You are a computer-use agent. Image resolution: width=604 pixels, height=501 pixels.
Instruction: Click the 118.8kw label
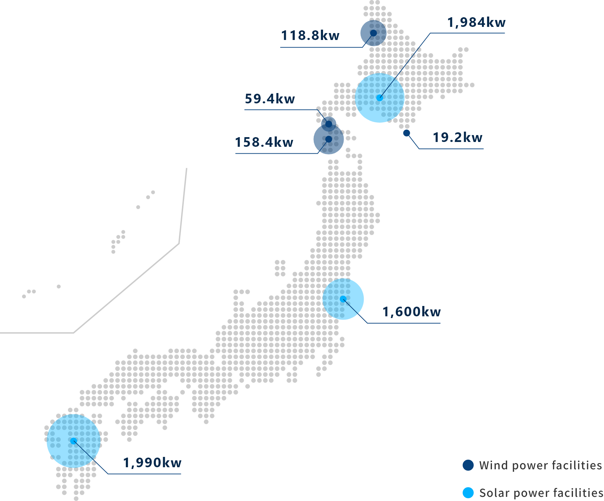pos(310,35)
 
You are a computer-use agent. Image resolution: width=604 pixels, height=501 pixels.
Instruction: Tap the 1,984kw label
pos(476,22)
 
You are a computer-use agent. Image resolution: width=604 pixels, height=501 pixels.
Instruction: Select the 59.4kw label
pos(270,99)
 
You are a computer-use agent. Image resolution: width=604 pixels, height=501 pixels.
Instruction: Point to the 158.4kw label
pos(264,142)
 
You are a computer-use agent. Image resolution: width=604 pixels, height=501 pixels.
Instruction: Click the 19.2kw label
pos(457,137)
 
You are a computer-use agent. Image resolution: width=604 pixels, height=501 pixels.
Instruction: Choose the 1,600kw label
pos(411,312)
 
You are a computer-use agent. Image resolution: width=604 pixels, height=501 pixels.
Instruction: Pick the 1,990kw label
pos(152,463)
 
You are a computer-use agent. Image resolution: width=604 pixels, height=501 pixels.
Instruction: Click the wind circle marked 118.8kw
pos(373,33)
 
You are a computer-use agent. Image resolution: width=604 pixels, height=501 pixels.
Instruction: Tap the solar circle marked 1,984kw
pos(380,98)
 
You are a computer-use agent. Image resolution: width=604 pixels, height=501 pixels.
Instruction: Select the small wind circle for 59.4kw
pos(329,123)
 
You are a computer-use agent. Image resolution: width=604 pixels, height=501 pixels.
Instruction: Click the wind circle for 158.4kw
pos(329,139)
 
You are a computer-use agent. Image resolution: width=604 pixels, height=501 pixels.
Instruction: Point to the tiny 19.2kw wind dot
pos(407,133)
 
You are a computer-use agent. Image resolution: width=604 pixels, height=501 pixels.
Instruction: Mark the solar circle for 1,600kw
pos(343,299)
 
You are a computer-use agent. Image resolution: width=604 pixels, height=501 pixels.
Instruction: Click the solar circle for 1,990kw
pos(73,440)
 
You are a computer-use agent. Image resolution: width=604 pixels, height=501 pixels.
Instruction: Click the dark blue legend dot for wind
pos(468,465)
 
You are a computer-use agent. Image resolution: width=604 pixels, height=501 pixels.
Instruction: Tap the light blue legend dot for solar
pos(468,493)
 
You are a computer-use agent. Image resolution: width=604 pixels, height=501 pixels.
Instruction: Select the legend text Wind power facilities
pos(541,466)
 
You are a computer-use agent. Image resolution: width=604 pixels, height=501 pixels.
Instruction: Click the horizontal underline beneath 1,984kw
pos(467,33)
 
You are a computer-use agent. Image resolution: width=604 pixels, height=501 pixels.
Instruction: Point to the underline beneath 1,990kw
pos(145,474)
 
